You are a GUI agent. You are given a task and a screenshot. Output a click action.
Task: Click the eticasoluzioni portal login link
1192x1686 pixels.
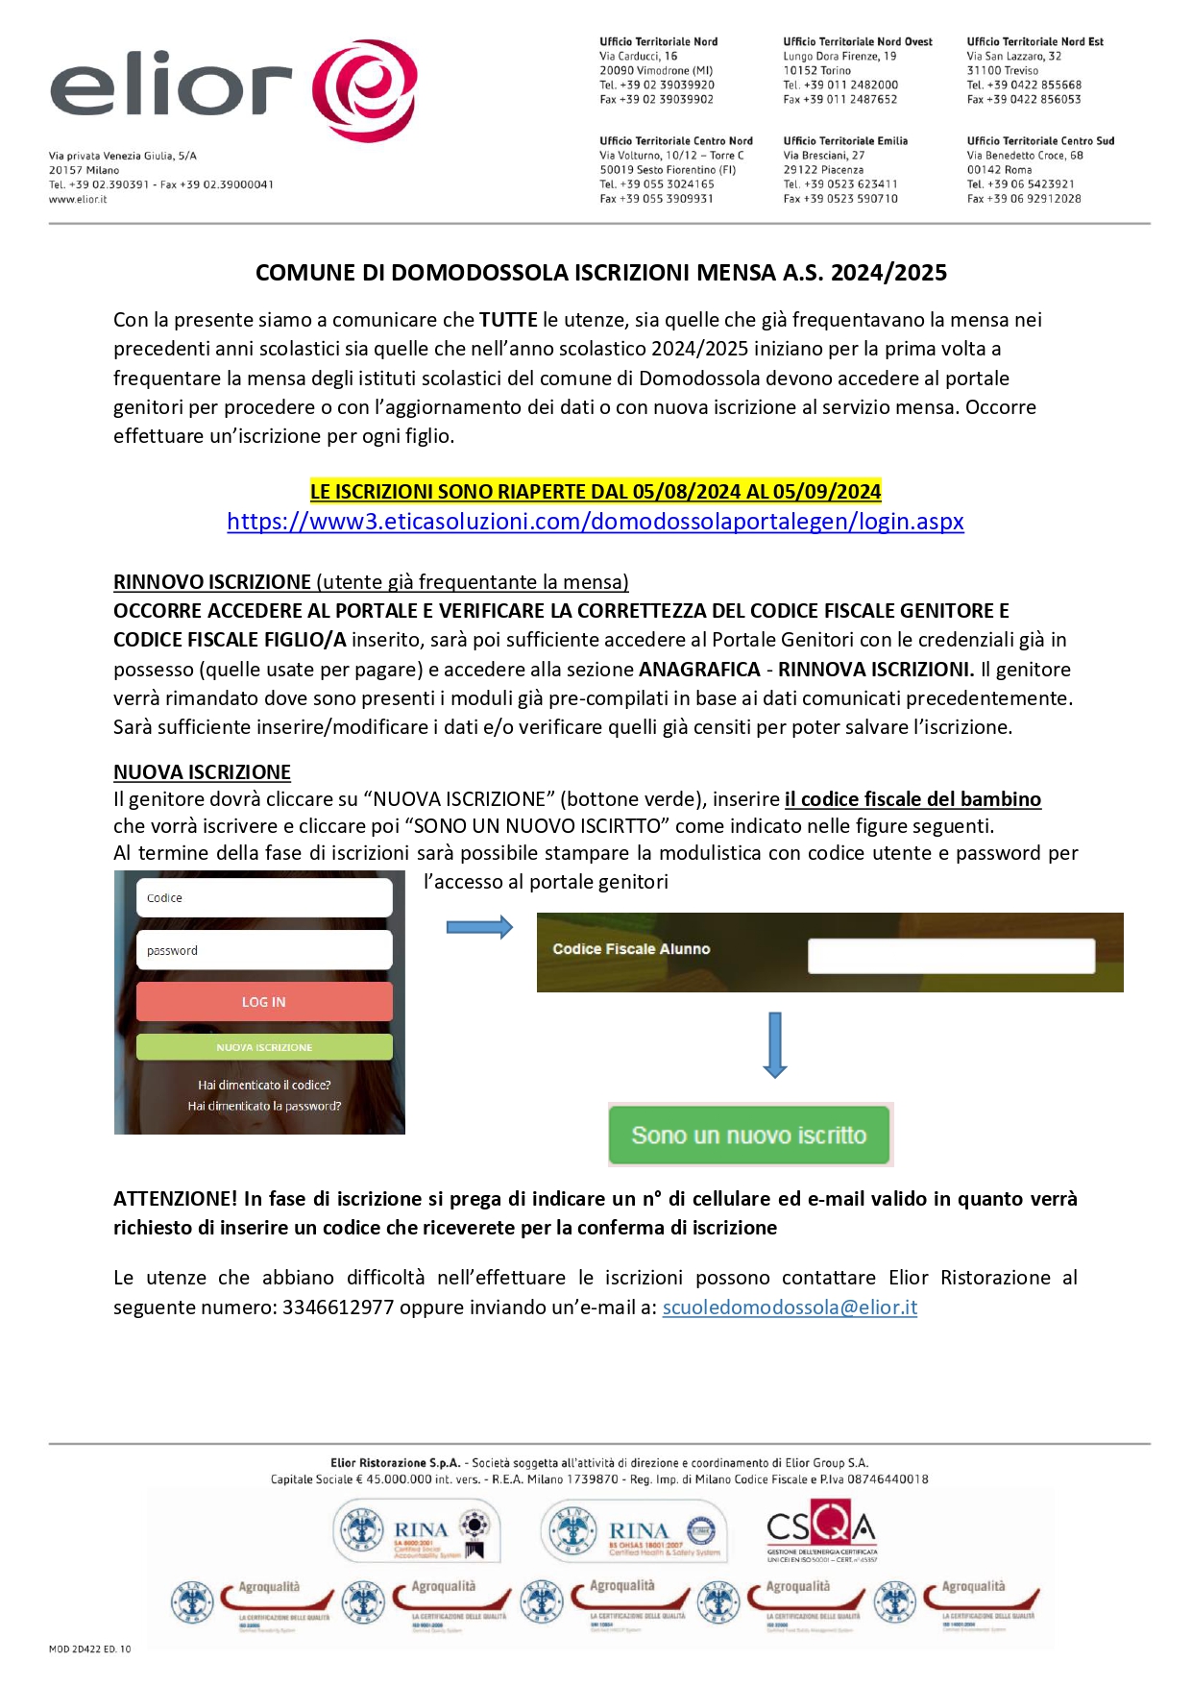point(595,522)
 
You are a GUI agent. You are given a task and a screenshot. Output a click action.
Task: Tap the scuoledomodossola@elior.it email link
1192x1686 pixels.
point(790,1307)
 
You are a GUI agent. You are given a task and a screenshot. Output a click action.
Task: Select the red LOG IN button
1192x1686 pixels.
point(264,1002)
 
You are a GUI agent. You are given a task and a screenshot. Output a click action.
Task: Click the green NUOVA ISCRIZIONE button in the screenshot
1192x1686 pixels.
point(264,1047)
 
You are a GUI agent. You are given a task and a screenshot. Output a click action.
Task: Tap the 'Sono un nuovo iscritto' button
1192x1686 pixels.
point(749,1136)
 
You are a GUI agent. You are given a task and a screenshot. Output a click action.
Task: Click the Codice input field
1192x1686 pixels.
point(264,898)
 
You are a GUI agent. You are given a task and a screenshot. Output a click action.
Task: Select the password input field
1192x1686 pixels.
point(264,950)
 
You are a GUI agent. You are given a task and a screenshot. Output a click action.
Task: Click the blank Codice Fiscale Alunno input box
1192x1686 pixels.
point(951,956)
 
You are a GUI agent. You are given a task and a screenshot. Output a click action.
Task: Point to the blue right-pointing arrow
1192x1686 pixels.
point(479,927)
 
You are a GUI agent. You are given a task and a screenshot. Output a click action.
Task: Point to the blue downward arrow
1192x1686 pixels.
point(775,1044)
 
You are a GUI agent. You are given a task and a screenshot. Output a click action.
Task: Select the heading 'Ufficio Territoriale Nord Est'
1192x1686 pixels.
point(1034,42)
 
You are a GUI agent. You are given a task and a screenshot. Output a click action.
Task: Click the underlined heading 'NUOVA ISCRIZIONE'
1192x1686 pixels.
point(202,772)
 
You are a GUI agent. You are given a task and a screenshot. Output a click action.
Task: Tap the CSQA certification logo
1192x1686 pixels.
point(821,1528)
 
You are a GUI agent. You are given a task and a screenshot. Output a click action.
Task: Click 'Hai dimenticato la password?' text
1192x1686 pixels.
point(264,1107)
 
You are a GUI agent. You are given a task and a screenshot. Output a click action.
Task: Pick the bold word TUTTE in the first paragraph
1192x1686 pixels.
point(508,320)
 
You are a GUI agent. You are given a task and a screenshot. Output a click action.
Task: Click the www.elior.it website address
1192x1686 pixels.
point(78,200)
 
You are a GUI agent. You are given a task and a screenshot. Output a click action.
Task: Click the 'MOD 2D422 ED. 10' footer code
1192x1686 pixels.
point(89,1649)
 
